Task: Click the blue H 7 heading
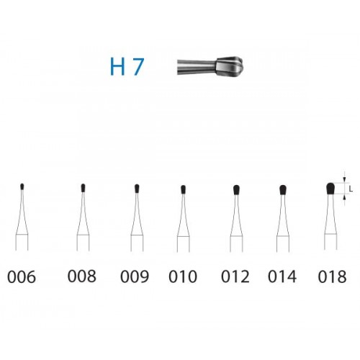[127, 67]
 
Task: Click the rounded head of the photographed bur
[230, 66]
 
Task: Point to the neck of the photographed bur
[197, 67]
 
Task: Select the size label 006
[22, 276]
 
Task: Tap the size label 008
[82, 276]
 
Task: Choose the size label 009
[135, 276]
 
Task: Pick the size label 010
[183, 276]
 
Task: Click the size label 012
[235, 276]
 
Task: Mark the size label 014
[282, 276]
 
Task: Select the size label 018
[332, 276]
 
